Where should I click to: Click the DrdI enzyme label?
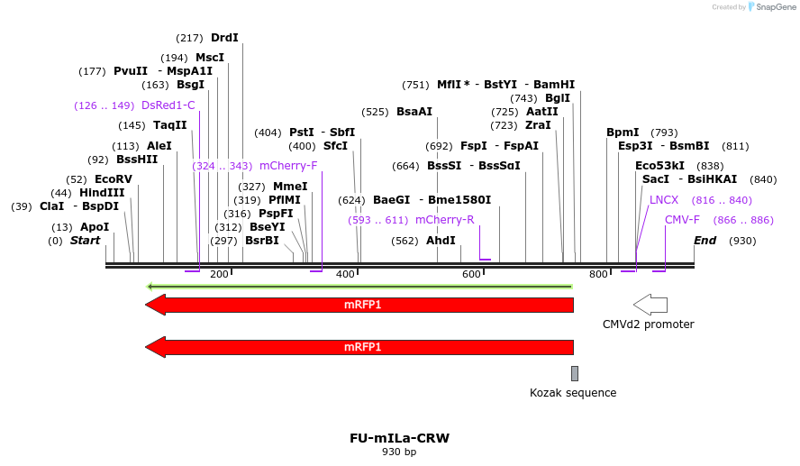[x=224, y=38]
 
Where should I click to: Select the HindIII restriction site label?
[x=101, y=193]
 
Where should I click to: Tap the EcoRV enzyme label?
[x=113, y=179]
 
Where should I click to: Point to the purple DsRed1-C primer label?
[x=168, y=105]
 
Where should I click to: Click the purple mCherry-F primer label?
[x=288, y=166]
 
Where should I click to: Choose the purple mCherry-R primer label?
[x=444, y=219]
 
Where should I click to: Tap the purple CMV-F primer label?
[x=682, y=220]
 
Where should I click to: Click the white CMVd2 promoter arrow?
[x=650, y=305]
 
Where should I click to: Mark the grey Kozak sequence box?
[x=575, y=373]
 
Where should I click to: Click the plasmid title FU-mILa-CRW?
[x=399, y=439]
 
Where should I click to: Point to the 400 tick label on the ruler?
[x=345, y=274]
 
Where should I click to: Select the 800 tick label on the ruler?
[x=598, y=274]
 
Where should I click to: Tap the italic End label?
[x=705, y=241]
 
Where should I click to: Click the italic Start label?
[x=86, y=241]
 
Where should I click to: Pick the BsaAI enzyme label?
[x=414, y=112]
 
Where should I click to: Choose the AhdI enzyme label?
[x=441, y=241]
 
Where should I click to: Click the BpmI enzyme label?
[x=623, y=132]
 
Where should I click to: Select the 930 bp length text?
[x=399, y=452]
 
